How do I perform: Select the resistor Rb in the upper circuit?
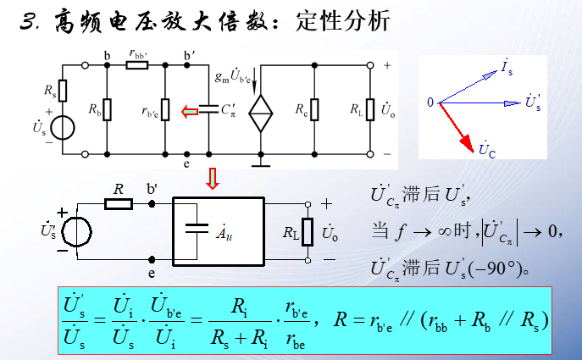[108, 109]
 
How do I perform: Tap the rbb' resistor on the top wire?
[137, 64]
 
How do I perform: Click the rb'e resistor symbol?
[166, 109]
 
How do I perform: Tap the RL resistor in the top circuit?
[369, 109]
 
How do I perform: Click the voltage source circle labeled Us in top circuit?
[63, 129]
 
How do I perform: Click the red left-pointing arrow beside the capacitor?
[190, 109]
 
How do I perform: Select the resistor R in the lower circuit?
[119, 204]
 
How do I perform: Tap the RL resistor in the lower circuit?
[308, 230]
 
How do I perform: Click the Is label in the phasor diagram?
[507, 67]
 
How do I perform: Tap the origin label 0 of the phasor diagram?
[430, 102]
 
